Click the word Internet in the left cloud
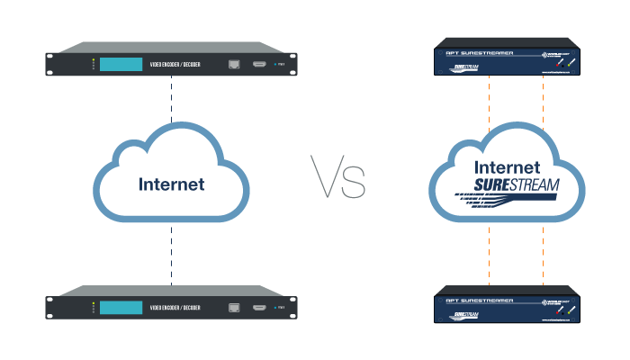(171, 184)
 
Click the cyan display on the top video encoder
(121, 65)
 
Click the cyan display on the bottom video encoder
(121, 308)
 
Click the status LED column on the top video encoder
(93, 65)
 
